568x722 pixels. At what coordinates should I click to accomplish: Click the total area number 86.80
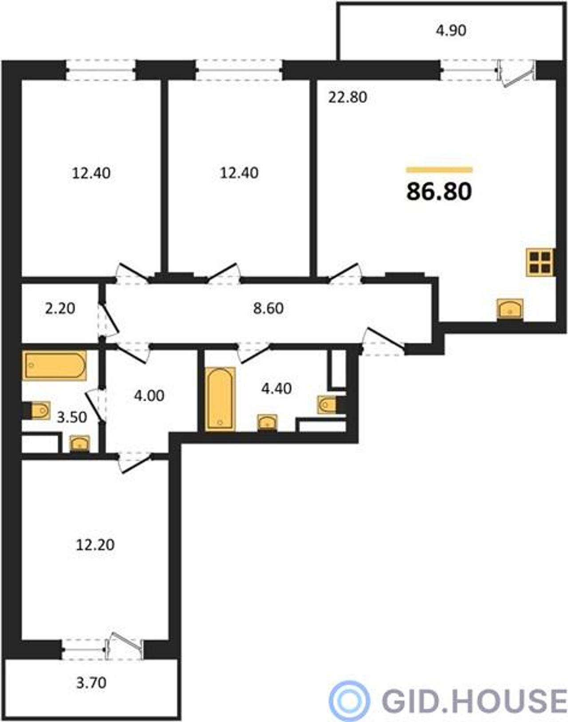pos(439,192)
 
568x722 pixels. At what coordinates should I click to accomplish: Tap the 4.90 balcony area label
pos(451,31)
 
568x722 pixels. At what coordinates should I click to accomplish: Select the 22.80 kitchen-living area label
pos(347,97)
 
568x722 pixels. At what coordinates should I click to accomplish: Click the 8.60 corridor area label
pos(268,308)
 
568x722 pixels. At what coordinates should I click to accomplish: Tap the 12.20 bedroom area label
pos(95,545)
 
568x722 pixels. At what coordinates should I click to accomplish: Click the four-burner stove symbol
pos(540,262)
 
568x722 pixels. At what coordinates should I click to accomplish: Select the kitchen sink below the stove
pos(510,308)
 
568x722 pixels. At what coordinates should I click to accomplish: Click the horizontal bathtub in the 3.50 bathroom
pos(54,365)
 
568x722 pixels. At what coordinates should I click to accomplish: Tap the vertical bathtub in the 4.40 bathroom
pos(220,399)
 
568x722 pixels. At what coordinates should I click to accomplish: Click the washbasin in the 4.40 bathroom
pos(268,422)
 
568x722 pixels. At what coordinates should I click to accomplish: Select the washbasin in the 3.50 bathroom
pos(79,443)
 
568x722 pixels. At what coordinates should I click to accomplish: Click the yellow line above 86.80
pos(439,170)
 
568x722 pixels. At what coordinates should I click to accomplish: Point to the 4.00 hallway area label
pos(149,396)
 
